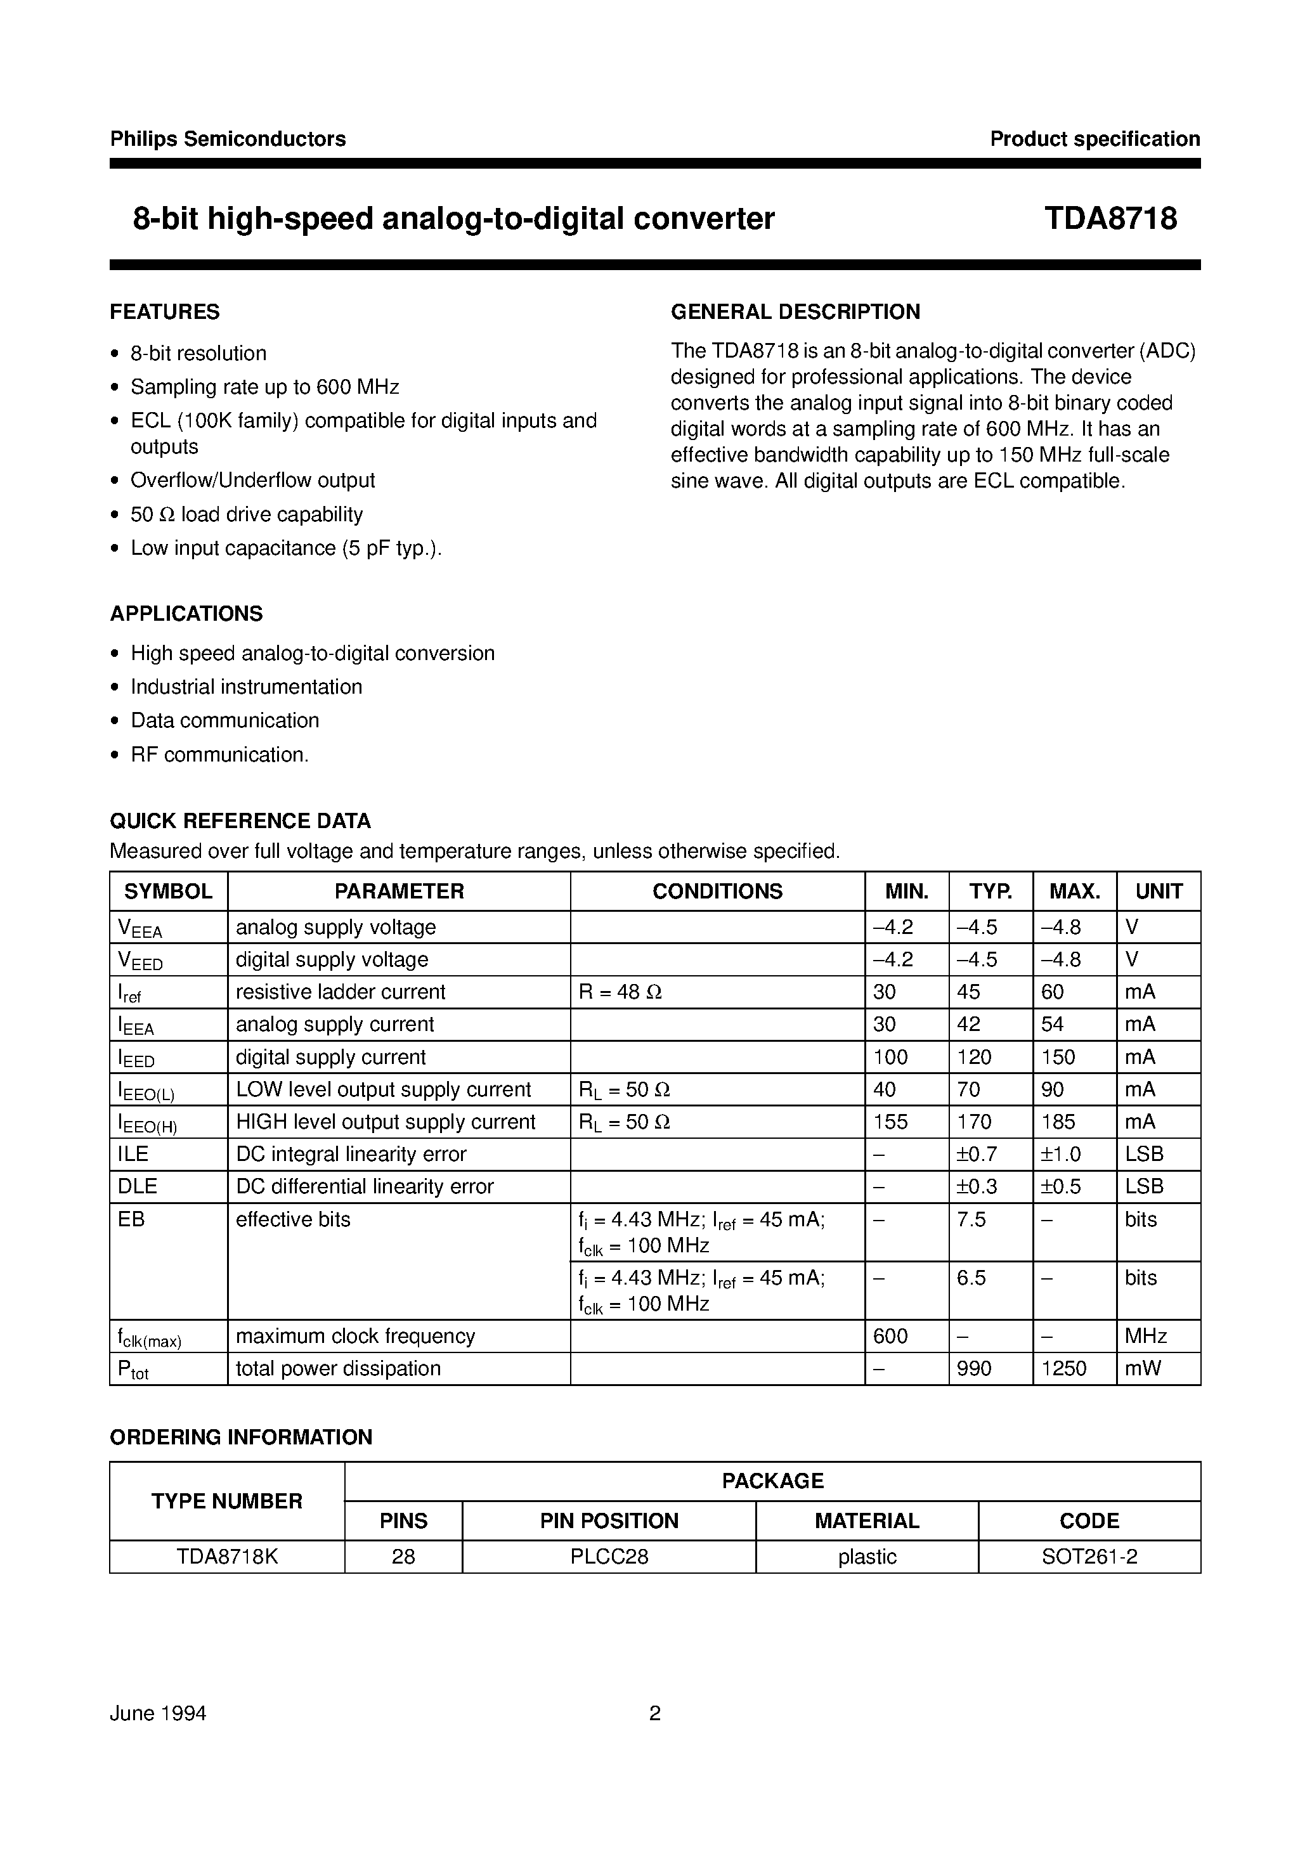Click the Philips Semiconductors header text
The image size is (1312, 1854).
228,139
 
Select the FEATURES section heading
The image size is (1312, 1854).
165,312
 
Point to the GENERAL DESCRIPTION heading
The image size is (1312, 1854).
795,312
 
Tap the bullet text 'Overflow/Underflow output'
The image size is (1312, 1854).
252,480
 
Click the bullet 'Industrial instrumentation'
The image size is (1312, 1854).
247,687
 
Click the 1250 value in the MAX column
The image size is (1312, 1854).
1064,1368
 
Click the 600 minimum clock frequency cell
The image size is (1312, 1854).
890,1336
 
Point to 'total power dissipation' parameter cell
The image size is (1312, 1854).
338,1368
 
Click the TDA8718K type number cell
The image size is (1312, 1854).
227,1557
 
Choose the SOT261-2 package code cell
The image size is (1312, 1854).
1089,1557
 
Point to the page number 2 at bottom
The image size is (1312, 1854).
655,1713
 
